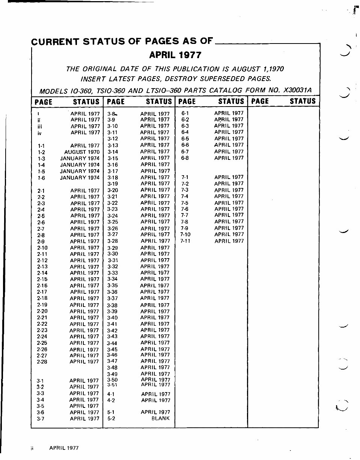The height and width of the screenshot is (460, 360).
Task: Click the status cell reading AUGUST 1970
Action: pyautogui.click(x=82, y=152)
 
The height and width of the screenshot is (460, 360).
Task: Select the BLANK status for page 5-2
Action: pyautogui.click(x=161, y=418)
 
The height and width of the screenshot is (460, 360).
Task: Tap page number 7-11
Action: pyautogui.click(x=185, y=241)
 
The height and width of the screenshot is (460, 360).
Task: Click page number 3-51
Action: pyautogui.click(x=112, y=385)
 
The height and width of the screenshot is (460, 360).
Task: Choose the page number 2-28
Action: pyautogui.click(x=42, y=362)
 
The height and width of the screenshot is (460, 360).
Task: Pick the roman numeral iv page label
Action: pyautogui.click(x=39, y=132)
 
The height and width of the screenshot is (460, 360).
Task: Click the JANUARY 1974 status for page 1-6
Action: pyautogui.click(x=80, y=177)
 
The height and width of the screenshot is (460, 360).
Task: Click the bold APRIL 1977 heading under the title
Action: pyautogui.click(x=175, y=55)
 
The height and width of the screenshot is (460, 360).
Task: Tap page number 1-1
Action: pyautogui.click(x=41, y=146)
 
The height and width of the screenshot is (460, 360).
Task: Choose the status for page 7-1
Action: pyautogui.click(x=229, y=177)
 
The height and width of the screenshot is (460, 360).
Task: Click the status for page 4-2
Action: pyautogui.click(x=155, y=400)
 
